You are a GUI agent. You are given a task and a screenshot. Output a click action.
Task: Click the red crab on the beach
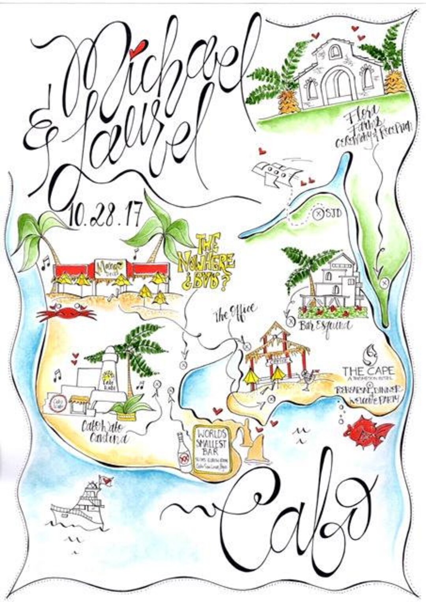click(66, 314)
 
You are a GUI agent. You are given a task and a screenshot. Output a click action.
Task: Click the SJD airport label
click(333, 214)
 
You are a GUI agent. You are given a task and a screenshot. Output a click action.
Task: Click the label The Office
click(236, 311)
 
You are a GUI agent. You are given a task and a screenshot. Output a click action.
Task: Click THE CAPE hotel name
click(368, 371)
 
